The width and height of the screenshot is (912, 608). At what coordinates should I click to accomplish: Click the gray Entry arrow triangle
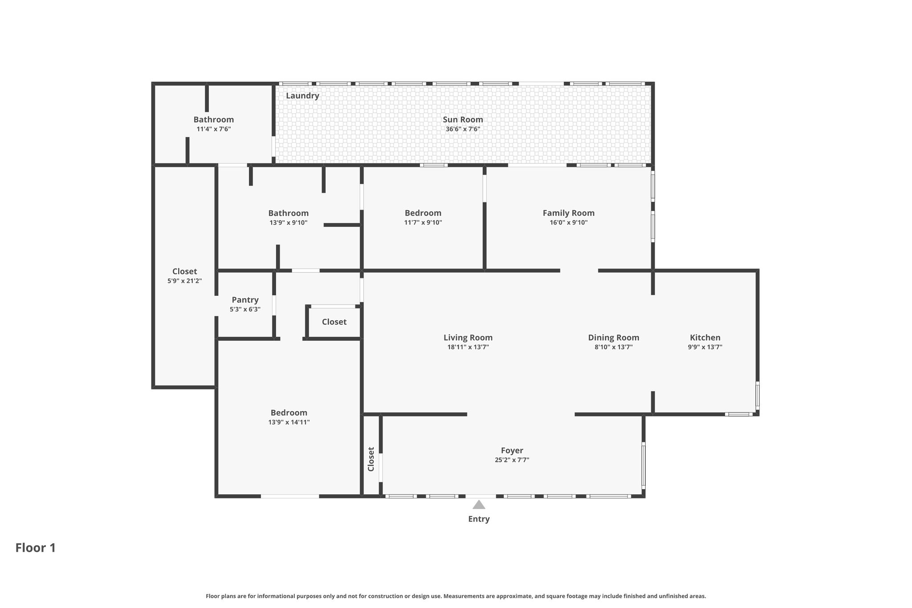[479, 505]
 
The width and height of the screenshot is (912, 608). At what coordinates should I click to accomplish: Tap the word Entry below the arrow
[479, 519]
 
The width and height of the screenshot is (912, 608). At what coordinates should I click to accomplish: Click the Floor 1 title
[36, 548]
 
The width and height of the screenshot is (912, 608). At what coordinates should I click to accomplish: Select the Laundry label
[302, 96]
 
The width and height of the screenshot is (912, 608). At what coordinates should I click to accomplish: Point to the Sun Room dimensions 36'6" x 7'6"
[463, 130]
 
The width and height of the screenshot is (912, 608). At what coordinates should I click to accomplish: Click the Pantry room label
[245, 300]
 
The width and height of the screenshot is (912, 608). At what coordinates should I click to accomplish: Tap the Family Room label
[569, 213]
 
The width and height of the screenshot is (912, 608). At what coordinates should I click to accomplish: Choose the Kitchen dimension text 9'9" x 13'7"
[705, 347]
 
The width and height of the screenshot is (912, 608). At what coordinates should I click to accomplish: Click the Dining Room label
[614, 338]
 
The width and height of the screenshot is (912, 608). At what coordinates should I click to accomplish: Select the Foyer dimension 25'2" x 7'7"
[512, 460]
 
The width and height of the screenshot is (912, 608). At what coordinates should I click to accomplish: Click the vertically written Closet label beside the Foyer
[371, 459]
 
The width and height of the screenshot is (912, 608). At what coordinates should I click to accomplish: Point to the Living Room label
[468, 338]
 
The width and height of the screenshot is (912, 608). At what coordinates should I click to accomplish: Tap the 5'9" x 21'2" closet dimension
[185, 281]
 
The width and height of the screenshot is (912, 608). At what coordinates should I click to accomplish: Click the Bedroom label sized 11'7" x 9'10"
[423, 213]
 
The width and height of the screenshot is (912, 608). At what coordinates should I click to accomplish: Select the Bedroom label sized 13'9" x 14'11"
[289, 413]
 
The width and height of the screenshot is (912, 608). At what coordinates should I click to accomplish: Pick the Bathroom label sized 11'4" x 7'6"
[214, 119]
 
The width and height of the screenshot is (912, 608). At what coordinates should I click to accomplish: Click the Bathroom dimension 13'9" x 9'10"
[289, 223]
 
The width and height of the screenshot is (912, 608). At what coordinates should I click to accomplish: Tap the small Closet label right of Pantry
[334, 322]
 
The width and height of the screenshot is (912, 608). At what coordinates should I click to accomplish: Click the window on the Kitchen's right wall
[757, 395]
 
